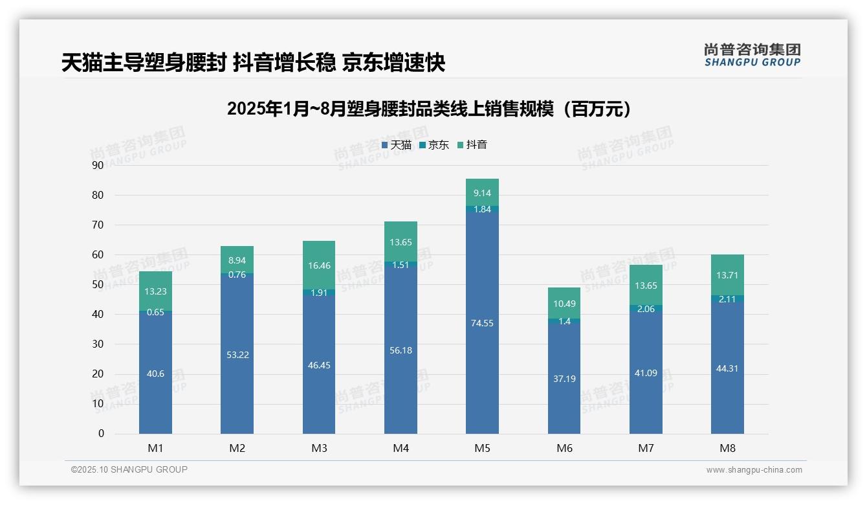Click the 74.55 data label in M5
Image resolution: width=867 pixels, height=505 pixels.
click(x=482, y=323)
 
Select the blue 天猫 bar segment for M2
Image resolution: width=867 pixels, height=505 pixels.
click(x=237, y=376)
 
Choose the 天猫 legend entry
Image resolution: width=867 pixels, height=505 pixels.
click(x=397, y=145)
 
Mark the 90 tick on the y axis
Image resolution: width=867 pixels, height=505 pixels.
click(x=98, y=165)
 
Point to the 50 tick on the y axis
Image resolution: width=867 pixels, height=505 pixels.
click(x=98, y=284)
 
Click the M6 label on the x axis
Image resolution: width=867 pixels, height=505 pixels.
click(x=564, y=448)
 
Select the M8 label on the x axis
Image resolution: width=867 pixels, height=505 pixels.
click(x=727, y=448)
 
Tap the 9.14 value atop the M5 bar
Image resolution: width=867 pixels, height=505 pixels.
click(x=482, y=193)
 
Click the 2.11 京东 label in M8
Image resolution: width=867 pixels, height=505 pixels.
click(x=727, y=299)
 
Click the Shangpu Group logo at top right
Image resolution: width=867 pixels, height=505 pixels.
click(x=752, y=54)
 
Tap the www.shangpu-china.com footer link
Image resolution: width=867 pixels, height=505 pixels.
click(x=754, y=470)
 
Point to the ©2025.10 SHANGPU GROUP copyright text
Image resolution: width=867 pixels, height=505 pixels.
click(x=129, y=469)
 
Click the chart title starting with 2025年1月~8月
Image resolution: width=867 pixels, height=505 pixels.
click(x=429, y=109)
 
